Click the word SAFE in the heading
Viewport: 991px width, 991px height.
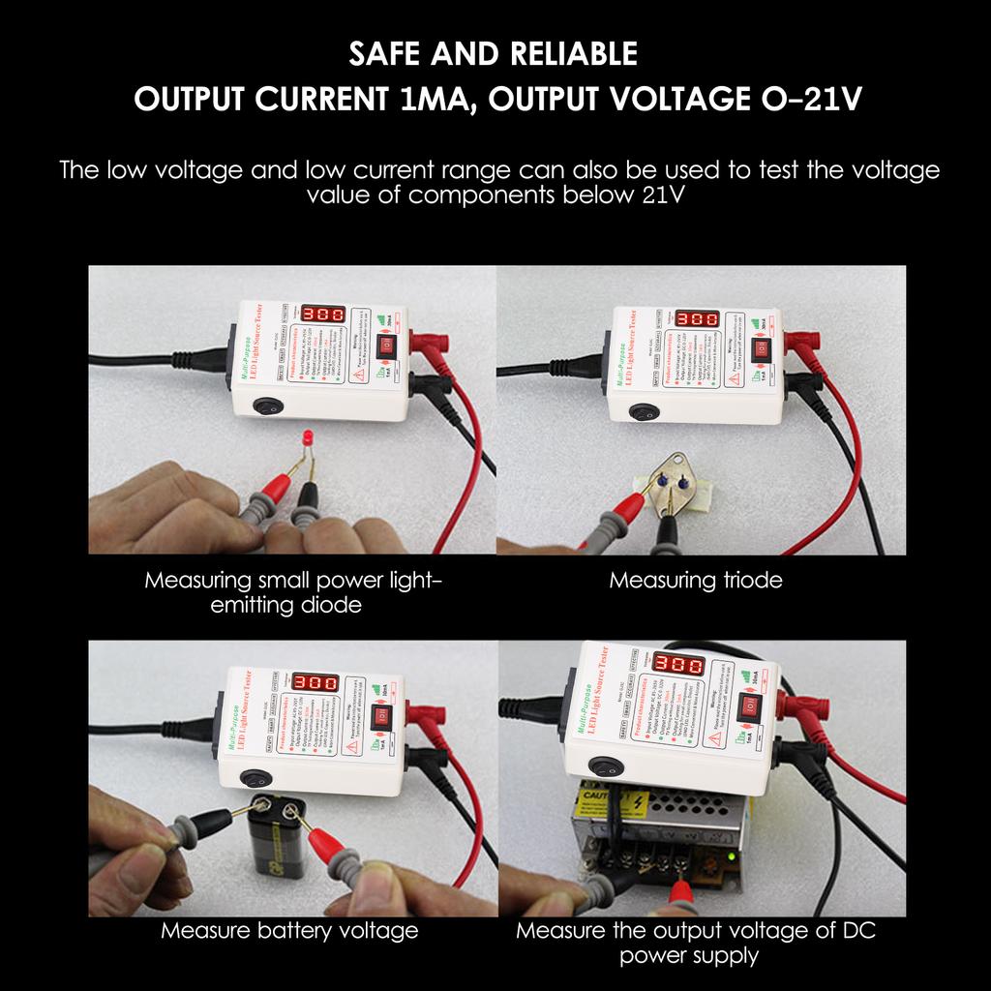[x=389, y=54]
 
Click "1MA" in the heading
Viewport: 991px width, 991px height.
[x=434, y=100]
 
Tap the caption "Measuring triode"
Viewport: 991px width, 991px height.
[x=695, y=581]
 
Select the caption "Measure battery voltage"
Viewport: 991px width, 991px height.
[x=289, y=931]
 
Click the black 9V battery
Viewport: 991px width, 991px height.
[x=276, y=836]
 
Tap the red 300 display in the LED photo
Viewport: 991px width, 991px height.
[x=323, y=315]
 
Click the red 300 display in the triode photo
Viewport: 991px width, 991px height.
[x=696, y=319]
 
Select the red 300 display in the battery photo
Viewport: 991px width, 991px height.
[x=315, y=682]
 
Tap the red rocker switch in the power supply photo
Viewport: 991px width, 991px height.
[x=751, y=707]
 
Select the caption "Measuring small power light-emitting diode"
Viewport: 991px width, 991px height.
[x=293, y=592]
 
